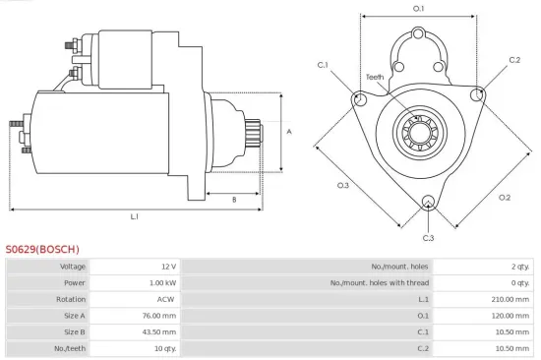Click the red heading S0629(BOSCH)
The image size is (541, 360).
pos(42,249)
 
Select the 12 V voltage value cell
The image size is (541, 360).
pos(168,267)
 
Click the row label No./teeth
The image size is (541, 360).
pos(72,348)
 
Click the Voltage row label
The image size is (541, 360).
pos(73,267)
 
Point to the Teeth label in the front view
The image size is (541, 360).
pos(375,77)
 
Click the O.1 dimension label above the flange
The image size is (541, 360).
pos(418,9)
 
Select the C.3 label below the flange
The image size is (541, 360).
pos(428,238)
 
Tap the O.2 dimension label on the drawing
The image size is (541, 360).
pos(505,197)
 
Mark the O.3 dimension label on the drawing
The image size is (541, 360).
pos(343,185)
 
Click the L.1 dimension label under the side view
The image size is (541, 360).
pos(134,215)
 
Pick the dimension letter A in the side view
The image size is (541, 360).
pos(288,131)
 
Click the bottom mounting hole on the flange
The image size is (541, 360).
pos(428,204)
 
